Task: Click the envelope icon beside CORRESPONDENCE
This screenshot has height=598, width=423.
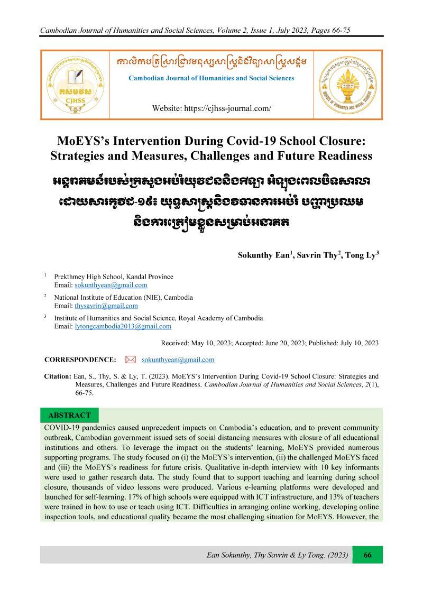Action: tap(131, 360)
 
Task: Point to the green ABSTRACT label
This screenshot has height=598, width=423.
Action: tap(69, 415)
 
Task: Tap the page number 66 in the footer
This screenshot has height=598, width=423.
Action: tap(367, 555)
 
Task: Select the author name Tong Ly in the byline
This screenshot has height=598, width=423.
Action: tap(361, 255)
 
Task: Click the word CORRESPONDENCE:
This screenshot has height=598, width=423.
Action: tap(80, 360)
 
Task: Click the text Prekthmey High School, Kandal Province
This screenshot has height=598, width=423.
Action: tap(114, 277)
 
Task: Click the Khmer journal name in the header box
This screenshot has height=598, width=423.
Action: tap(211, 63)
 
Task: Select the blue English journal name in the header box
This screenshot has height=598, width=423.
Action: tap(212, 78)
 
